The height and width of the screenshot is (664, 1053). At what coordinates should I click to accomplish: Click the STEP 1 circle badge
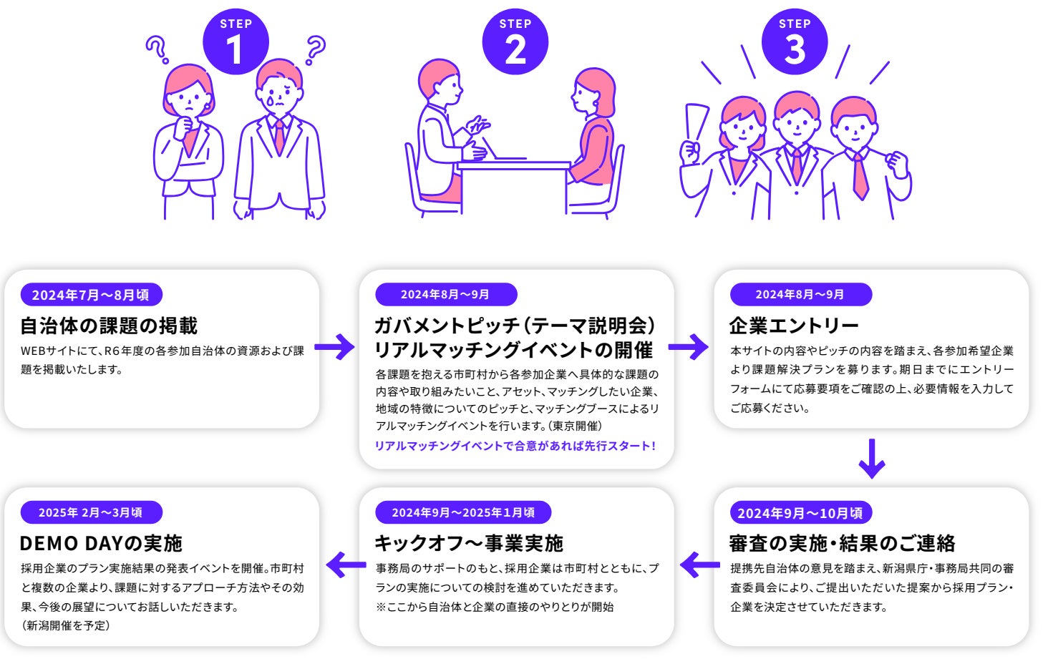pyautogui.click(x=236, y=41)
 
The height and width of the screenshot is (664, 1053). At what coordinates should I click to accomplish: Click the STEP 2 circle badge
pyautogui.click(x=515, y=41)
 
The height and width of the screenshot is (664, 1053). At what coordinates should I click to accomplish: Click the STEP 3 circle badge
pyautogui.click(x=795, y=41)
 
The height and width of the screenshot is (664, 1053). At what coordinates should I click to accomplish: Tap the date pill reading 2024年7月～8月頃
pyautogui.click(x=91, y=295)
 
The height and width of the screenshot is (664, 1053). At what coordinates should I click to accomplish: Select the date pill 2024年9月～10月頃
pyautogui.click(x=800, y=513)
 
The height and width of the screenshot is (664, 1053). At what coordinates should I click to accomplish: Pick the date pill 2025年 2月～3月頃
pyautogui.click(x=91, y=513)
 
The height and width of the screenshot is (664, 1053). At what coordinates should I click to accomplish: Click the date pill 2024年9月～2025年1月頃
pyautogui.click(x=463, y=512)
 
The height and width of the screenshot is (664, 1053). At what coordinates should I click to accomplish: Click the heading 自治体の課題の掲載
pyautogui.click(x=109, y=326)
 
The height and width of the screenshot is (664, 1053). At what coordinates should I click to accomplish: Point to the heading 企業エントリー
pyautogui.click(x=794, y=326)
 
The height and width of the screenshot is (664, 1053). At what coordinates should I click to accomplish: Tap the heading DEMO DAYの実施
pyautogui.click(x=101, y=543)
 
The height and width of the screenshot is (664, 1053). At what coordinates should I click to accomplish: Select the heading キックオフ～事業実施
pyautogui.click(x=469, y=543)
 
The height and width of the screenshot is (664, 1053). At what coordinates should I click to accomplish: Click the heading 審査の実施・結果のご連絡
pyautogui.click(x=842, y=543)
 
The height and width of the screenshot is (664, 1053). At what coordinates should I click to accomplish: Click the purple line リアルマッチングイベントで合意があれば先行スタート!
pyautogui.click(x=515, y=446)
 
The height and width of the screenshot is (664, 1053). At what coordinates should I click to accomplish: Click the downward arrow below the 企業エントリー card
pyautogui.click(x=871, y=459)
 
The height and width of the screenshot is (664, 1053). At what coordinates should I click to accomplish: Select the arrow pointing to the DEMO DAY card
pyautogui.click(x=346, y=565)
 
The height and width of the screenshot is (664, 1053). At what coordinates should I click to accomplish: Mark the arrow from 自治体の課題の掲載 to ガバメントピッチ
pyautogui.click(x=334, y=347)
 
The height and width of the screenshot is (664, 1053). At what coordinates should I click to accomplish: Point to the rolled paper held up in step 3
pyautogui.click(x=694, y=125)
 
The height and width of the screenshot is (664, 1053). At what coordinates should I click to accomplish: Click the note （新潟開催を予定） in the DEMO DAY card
pyautogui.click(x=66, y=625)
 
